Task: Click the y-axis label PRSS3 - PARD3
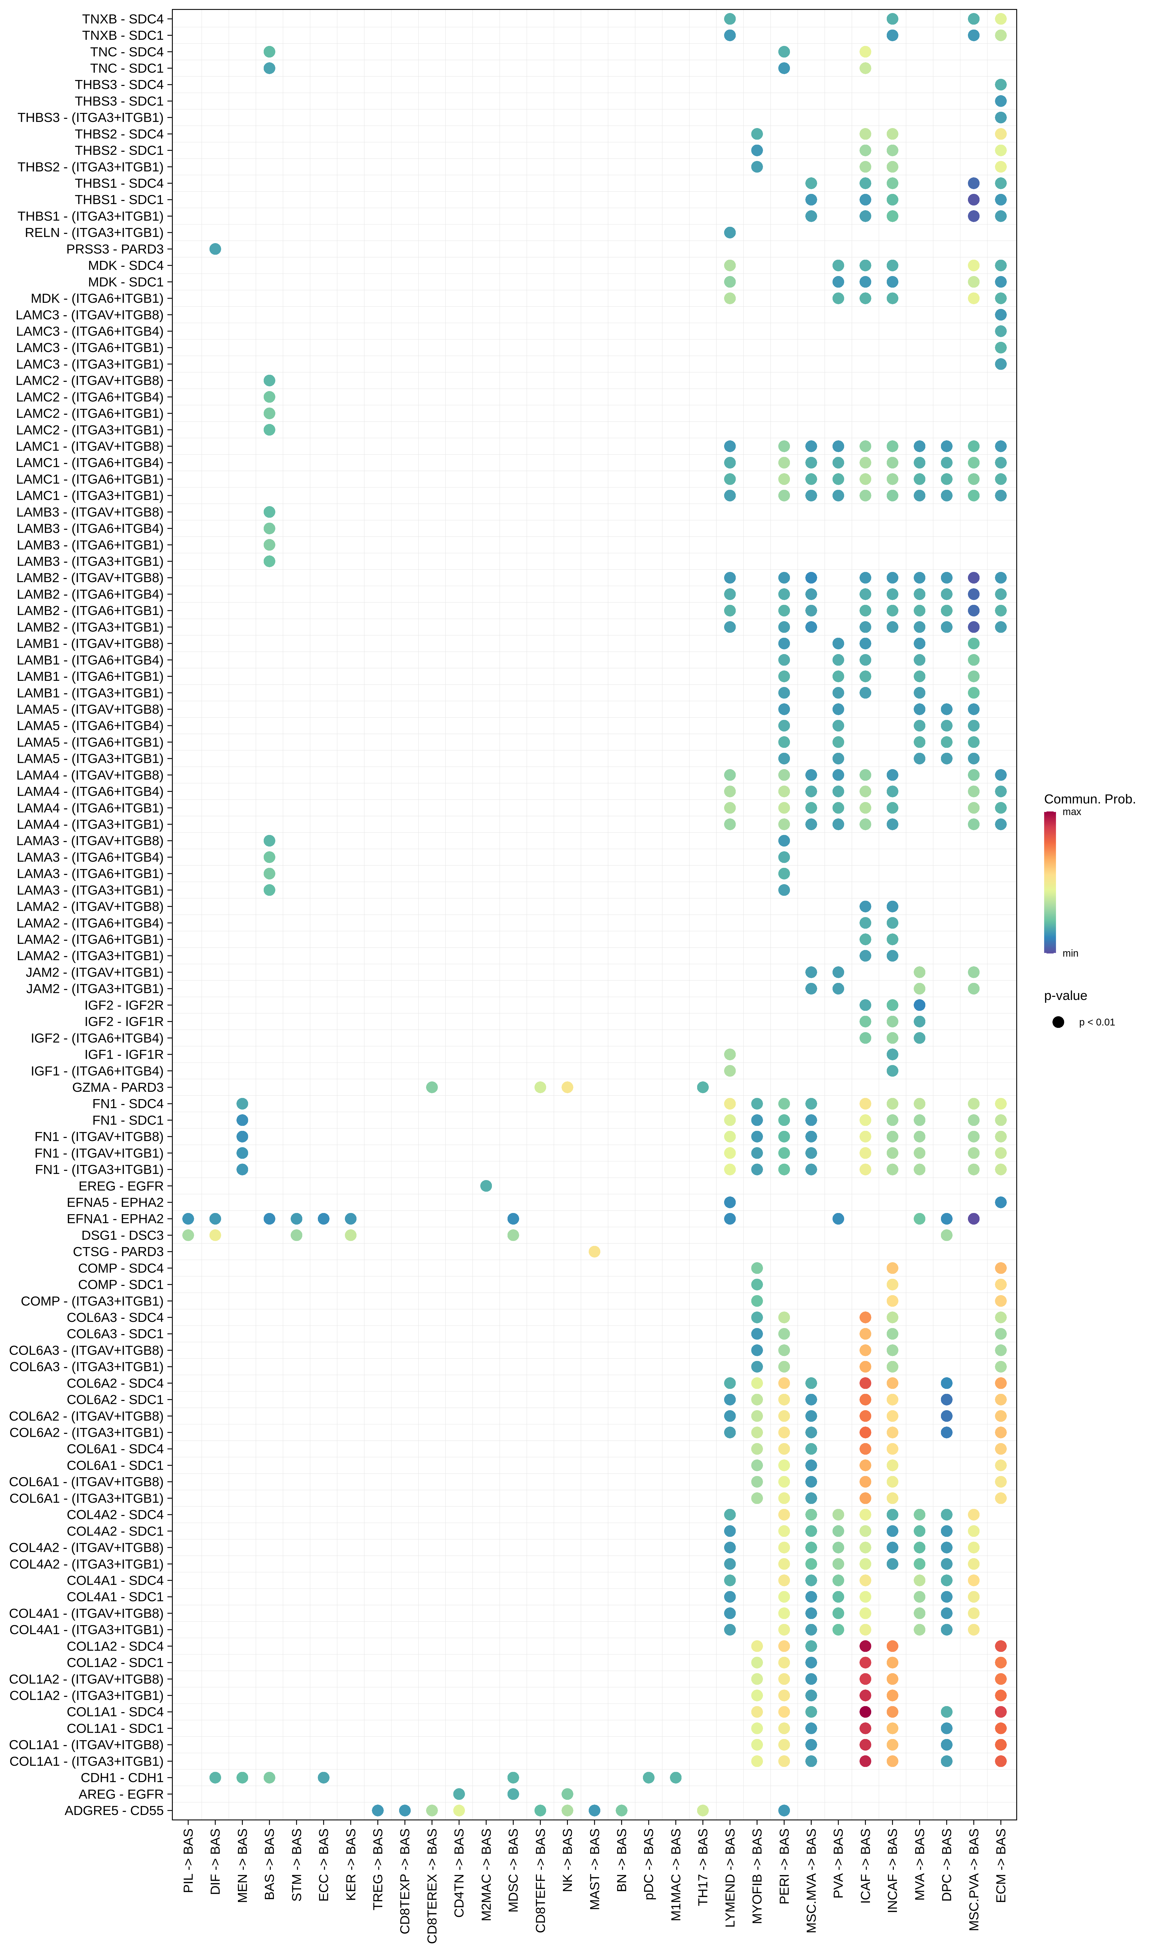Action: pyautogui.click(x=115, y=249)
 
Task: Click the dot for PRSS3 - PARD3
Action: pyautogui.click(x=215, y=249)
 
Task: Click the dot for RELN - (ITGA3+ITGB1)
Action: pyautogui.click(x=729, y=232)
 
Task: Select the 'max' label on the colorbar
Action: pyautogui.click(x=1072, y=812)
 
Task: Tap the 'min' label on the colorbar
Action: pyautogui.click(x=1070, y=953)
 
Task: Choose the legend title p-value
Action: pyautogui.click(x=1065, y=996)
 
